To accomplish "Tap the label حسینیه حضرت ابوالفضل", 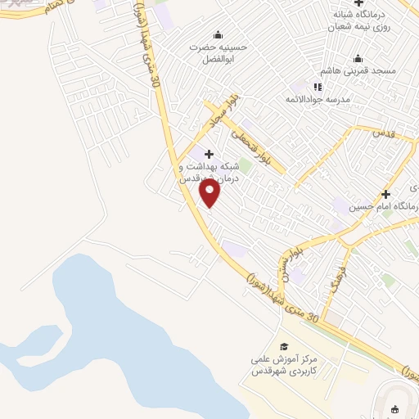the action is point(218,52).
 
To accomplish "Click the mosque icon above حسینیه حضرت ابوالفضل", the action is point(218,34).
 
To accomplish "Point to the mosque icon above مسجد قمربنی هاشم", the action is point(358,58).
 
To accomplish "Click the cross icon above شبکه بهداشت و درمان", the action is point(209,153).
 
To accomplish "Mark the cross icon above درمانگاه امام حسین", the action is point(385,194).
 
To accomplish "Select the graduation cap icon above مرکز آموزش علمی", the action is point(284,346).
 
